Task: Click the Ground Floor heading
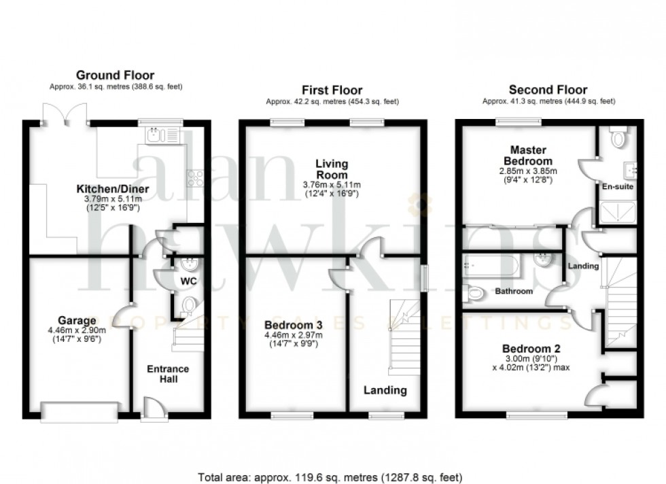115,75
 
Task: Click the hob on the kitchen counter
195,178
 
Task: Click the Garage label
76,320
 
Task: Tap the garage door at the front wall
80,410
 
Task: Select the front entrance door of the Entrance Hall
152,411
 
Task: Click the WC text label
188,280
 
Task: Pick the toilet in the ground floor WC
188,305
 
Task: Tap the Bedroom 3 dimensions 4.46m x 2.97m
293,334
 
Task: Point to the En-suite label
616,185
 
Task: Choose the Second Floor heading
548,90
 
